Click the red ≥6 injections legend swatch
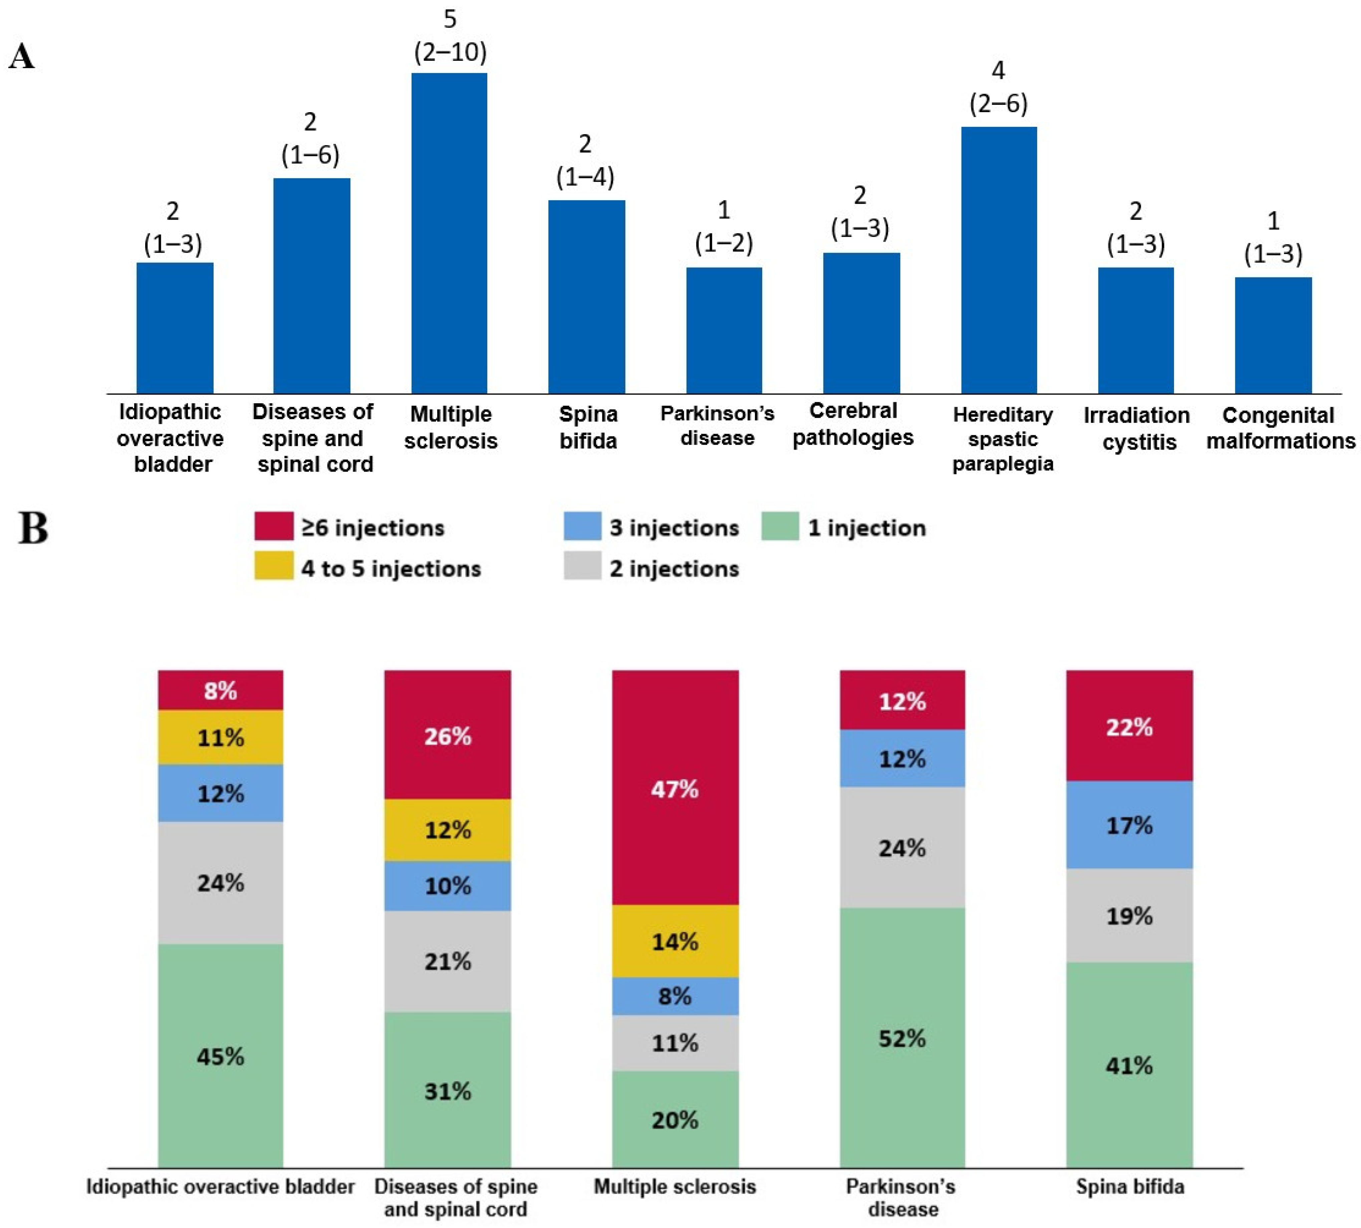coord(273,526)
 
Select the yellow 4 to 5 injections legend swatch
coord(273,565)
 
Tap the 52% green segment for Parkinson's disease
coord(902,1038)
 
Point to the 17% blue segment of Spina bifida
coord(1129,824)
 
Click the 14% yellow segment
coord(675,941)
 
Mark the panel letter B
coord(32,528)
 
